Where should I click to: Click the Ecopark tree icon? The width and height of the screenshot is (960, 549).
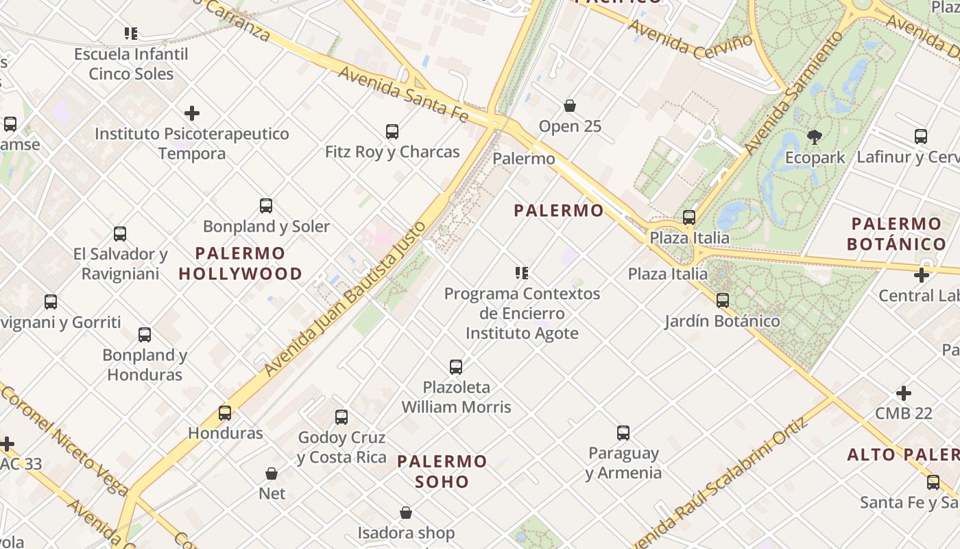point(815,137)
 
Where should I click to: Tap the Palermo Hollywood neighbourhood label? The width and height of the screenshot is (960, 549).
point(240,264)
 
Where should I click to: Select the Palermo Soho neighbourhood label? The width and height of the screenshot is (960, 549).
point(442,471)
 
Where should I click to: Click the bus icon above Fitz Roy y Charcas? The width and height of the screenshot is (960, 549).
point(392,131)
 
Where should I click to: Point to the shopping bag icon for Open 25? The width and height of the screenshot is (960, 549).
point(570,106)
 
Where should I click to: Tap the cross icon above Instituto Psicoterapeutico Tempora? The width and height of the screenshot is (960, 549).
point(192,113)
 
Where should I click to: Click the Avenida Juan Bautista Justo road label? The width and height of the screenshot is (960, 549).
point(346,294)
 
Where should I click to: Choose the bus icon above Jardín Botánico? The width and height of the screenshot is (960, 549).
point(723,300)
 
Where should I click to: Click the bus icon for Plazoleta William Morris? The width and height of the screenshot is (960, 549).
point(456,366)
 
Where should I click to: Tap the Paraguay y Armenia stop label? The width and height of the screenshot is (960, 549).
point(623,463)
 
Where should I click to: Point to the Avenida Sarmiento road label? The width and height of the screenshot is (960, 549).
point(793,93)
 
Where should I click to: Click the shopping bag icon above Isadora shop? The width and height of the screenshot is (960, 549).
point(406,513)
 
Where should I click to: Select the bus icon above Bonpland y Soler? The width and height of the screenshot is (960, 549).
point(266,205)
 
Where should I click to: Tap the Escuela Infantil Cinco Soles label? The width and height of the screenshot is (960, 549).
point(131,63)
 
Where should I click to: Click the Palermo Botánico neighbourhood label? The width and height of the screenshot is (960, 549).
point(896,233)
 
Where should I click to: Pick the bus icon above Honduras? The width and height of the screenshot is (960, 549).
point(225,412)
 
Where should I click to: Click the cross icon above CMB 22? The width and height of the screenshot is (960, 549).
point(904,393)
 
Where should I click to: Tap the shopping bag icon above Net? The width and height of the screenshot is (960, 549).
point(272,474)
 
